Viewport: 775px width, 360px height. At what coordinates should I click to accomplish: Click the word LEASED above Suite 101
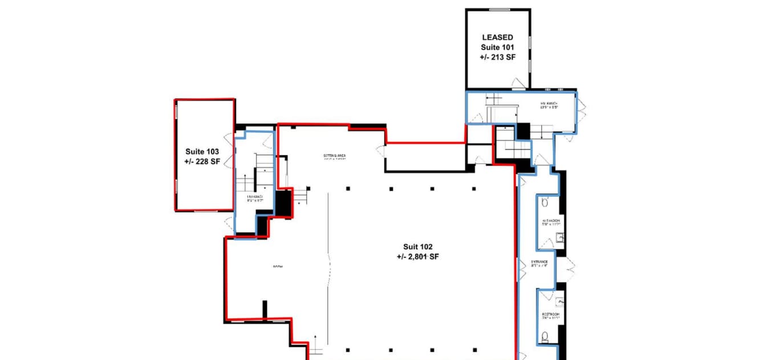(497, 38)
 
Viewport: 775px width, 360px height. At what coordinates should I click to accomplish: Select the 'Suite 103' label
(202, 152)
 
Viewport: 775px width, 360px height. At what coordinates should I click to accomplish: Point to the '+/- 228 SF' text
(202, 162)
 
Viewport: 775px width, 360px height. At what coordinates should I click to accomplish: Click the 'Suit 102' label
(418, 247)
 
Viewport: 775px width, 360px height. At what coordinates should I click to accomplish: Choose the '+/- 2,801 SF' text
(418, 257)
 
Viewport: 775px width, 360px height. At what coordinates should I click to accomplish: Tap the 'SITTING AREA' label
(335, 156)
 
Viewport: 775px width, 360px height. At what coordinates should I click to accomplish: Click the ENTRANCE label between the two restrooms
(539, 262)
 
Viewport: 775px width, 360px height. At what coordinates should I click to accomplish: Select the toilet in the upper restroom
(545, 202)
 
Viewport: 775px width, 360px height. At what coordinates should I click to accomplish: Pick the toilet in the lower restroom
(545, 338)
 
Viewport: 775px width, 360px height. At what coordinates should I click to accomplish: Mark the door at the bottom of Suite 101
(519, 84)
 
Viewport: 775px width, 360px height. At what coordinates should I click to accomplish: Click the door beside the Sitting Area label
(380, 151)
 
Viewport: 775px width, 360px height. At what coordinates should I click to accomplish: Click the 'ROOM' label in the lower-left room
(278, 267)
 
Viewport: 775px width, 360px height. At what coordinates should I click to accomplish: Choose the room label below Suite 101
(548, 105)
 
